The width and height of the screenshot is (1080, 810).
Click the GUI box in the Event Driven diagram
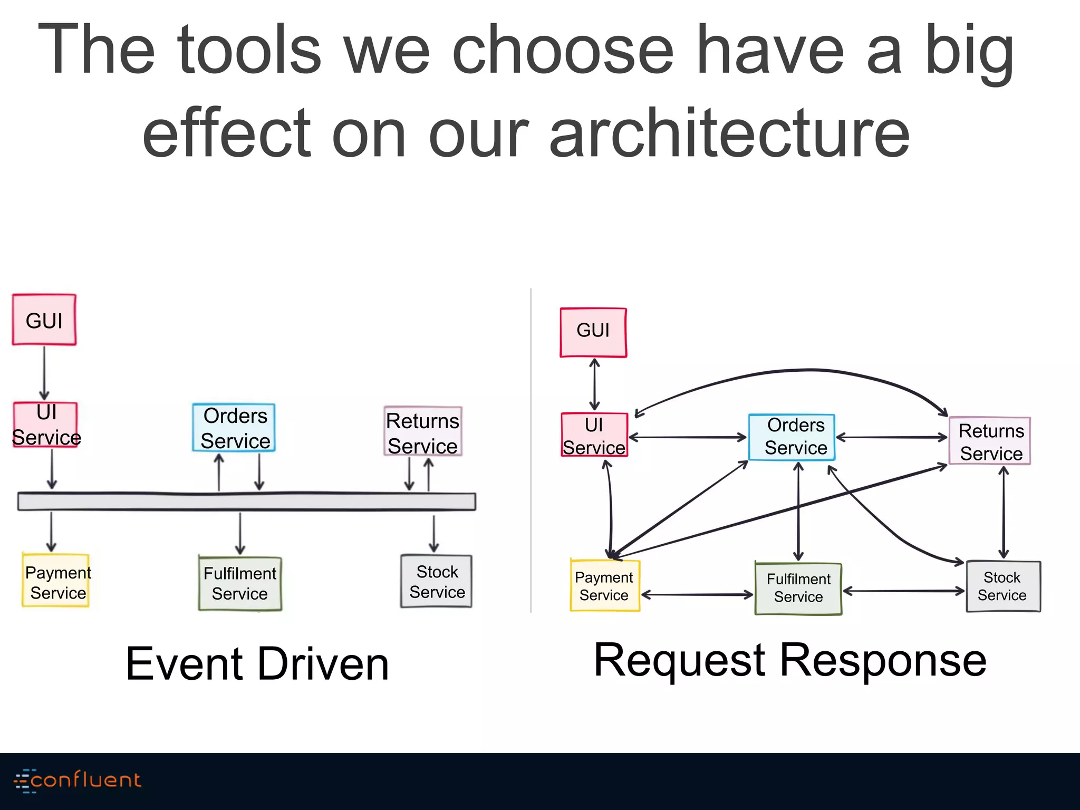point(44,320)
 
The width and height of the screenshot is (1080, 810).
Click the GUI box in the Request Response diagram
point(593,332)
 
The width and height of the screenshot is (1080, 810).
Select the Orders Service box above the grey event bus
point(234,428)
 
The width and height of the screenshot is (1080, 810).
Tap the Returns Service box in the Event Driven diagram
point(423,431)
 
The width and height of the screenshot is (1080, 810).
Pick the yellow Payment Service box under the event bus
point(56,580)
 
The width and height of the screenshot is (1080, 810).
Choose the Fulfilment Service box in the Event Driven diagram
point(240,584)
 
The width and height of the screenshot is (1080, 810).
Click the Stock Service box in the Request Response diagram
point(1003,586)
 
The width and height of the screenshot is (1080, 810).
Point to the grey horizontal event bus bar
point(247,502)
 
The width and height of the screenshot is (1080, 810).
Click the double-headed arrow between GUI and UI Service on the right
point(594,384)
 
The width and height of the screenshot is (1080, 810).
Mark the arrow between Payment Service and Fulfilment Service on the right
point(697,595)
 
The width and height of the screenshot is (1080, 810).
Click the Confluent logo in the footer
point(78,780)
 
